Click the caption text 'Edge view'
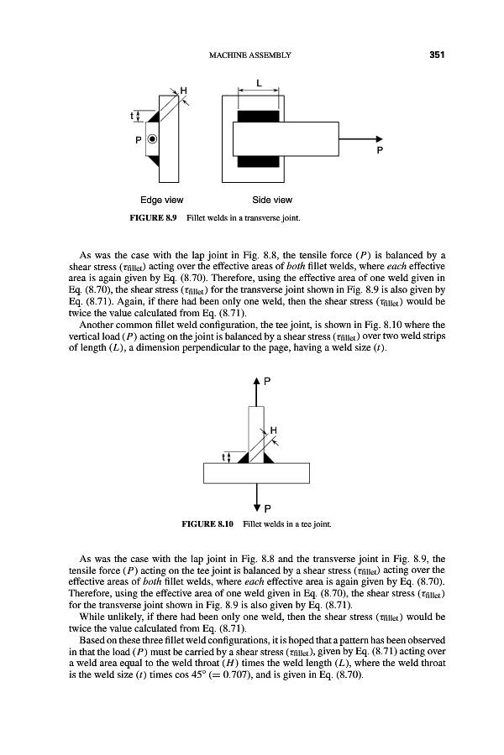(162, 200)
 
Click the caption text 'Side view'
(272, 200)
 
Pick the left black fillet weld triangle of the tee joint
(243, 458)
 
